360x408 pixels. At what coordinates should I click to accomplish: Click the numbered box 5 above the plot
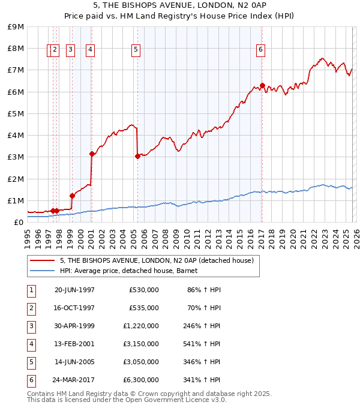pos(136,50)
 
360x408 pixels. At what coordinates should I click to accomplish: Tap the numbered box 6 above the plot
pos(261,50)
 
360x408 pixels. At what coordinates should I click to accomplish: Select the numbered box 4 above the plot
pos(90,50)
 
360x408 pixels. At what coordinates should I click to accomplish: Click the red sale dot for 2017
pos(262,85)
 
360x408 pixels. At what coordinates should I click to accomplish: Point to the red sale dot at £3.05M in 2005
pos(137,156)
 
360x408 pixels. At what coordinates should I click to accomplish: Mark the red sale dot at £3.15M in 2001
pos(92,154)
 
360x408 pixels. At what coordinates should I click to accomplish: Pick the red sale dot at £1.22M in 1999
pos(72,196)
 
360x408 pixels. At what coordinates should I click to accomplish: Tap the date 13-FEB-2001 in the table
pos(74,344)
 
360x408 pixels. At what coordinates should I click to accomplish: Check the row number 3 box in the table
pos(31,326)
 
